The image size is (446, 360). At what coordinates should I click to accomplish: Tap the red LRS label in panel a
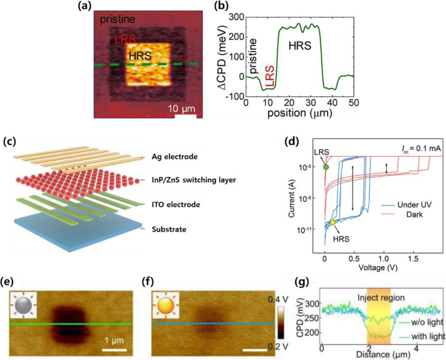tap(125, 39)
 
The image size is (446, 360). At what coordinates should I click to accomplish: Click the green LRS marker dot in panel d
tap(326, 167)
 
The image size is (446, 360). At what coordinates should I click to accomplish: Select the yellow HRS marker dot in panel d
tap(333, 223)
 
